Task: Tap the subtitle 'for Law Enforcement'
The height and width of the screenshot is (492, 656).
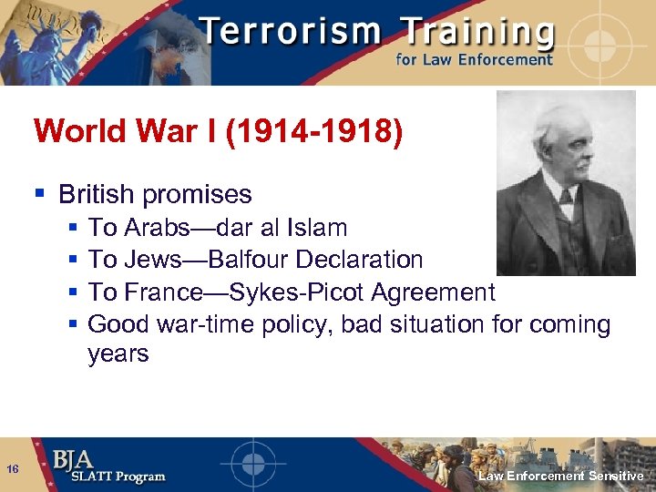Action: pos(473,60)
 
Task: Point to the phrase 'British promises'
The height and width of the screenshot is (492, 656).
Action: pos(155,194)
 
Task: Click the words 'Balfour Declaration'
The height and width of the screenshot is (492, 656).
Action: pos(315,260)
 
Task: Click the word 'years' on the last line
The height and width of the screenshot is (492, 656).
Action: pos(118,354)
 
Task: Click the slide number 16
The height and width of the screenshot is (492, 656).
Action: pos(13,469)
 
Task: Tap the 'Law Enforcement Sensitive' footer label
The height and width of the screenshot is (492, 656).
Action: pos(561,477)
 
